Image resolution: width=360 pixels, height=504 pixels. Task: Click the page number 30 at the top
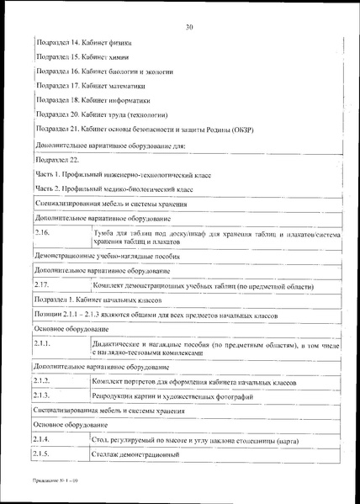tap(191, 27)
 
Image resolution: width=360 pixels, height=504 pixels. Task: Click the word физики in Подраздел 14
tap(118, 41)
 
